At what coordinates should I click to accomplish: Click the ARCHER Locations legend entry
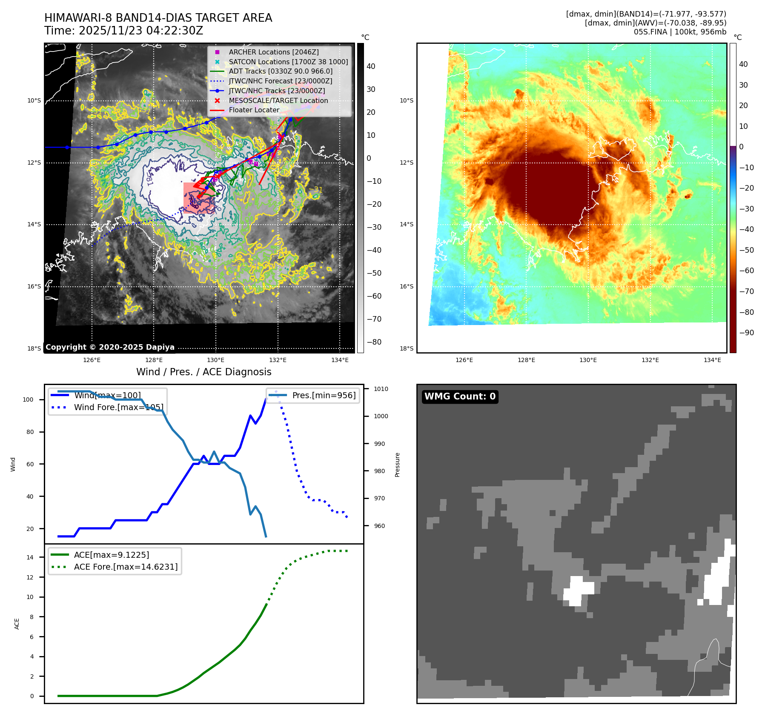point(273,52)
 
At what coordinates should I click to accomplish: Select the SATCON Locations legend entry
point(288,62)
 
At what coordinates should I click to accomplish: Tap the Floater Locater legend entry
point(254,110)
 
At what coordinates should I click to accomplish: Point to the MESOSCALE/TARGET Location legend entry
point(278,100)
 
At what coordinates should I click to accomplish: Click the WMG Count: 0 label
point(460,397)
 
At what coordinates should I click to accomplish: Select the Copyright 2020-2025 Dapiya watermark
point(110,347)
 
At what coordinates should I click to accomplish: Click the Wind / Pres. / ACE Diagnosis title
point(203,372)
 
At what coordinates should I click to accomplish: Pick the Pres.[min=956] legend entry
point(324,395)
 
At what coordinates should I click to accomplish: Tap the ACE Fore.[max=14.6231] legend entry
point(126,567)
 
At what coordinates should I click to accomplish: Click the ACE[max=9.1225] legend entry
point(112,555)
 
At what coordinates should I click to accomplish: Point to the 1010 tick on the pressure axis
point(381,389)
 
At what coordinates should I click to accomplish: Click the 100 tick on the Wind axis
point(28,399)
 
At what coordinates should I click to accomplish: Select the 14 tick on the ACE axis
point(30,557)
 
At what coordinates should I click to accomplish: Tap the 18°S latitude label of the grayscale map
point(34,348)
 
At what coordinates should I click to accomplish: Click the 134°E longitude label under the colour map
point(712,360)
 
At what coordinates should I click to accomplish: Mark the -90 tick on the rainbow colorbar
point(746,333)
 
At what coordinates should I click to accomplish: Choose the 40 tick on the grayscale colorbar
point(371,66)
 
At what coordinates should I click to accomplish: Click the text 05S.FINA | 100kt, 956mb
point(680,32)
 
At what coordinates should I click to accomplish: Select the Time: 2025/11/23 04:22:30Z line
point(123,31)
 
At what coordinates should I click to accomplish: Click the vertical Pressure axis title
point(397,465)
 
